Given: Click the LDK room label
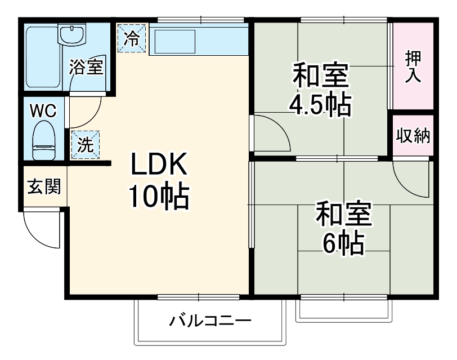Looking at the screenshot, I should [x=158, y=166].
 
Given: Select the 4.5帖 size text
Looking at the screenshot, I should [x=320, y=104].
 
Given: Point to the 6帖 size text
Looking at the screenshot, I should [x=343, y=243].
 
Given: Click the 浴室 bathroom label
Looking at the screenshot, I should [x=86, y=68].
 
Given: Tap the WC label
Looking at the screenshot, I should [x=43, y=111].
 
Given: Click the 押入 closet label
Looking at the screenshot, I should [x=413, y=66].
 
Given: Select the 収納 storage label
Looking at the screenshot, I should [x=413, y=136].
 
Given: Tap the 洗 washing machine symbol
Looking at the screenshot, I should [x=86, y=145].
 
